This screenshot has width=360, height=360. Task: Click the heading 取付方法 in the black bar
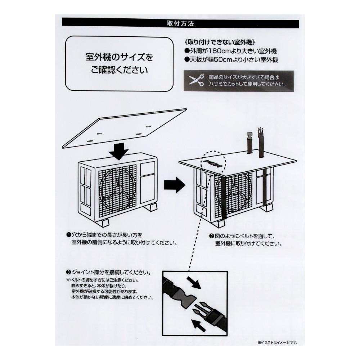(x=180, y=24)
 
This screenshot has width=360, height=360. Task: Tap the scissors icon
(x=196, y=80)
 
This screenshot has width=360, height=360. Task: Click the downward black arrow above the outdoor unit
(x=119, y=152)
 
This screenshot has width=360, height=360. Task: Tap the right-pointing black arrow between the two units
(x=175, y=185)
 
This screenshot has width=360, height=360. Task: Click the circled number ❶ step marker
(x=68, y=235)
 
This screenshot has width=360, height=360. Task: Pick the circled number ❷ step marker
(x=211, y=236)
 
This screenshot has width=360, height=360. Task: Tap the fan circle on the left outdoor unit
(x=118, y=189)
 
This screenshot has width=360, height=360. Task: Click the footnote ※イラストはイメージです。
(x=278, y=343)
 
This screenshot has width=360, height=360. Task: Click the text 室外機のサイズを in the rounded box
(x=119, y=57)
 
